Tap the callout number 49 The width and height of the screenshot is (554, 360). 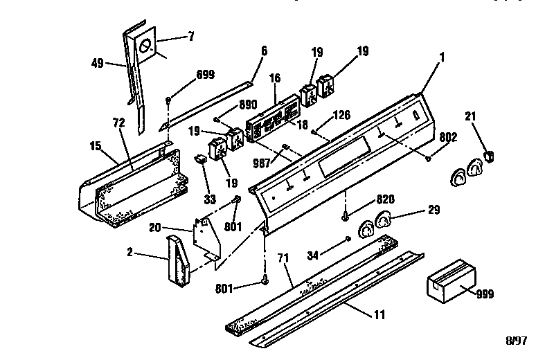click(x=97, y=63)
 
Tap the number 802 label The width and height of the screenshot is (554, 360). click(x=447, y=137)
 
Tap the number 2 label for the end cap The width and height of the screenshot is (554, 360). click(x=129, y=252)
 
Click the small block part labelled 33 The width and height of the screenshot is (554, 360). click(x=202, y=161)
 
